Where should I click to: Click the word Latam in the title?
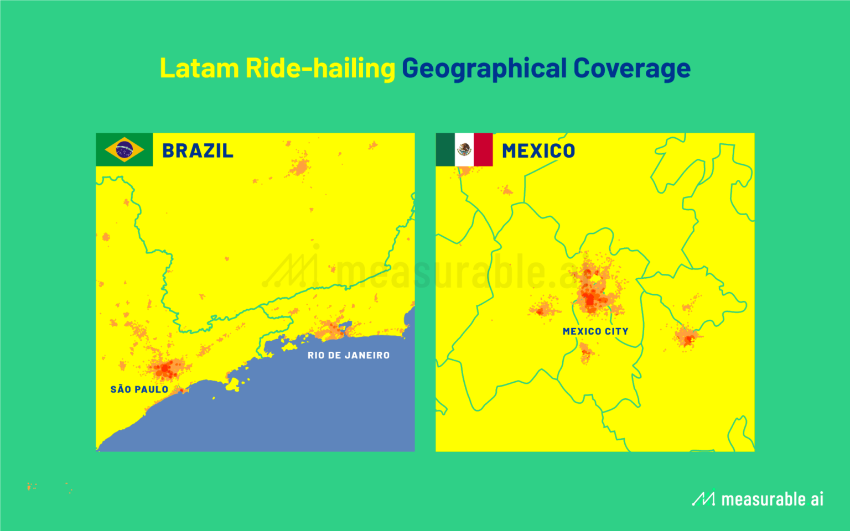click(x=199, y=69)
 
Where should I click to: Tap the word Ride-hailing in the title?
click(x=320, y=69)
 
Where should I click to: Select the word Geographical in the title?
click(x=484, y=69)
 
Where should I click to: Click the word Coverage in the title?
click(x=632, y=69)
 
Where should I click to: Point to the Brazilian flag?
click(x=124, y=150)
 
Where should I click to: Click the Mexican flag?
click(x=464, y=150)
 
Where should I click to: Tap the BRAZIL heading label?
click(x=198, y=150)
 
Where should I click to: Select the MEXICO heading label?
click(x=538, y=150)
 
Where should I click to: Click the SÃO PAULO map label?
click(x=139, y=389)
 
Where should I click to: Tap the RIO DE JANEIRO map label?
click(x=349, y=355)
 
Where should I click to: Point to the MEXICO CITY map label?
click(x=595, y=331)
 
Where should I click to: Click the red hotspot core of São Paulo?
click(x=165, y=368)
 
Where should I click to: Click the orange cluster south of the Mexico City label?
click(x=585, y=352)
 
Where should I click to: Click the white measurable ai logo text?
click(x=772, y=499)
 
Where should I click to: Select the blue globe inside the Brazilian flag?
click(x=124, y=150)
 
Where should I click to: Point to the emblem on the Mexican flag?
click(x=464, y=149)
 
